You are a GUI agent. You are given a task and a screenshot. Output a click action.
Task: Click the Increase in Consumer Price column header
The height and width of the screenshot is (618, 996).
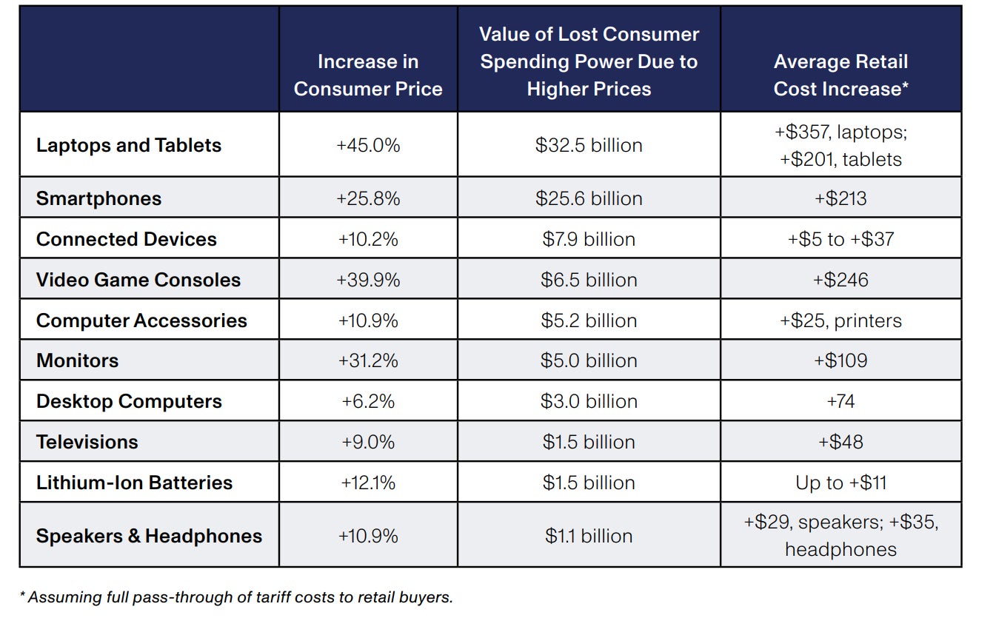(x=368, y=75)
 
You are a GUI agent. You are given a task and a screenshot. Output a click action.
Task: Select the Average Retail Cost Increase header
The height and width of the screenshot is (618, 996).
(x=840, y=75)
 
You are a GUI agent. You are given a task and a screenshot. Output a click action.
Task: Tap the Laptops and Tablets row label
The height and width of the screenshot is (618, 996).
(x=129, y=145)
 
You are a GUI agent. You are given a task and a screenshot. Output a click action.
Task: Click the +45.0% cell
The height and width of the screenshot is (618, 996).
(x=368, y=145)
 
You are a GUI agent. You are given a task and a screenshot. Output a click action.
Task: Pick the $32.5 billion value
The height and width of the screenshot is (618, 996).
(x=589, y=145)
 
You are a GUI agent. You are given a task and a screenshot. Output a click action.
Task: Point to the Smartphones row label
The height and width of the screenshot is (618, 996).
(x=98, y=198)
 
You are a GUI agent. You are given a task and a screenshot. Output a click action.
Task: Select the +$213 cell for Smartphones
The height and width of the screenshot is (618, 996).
(x=840, y=198)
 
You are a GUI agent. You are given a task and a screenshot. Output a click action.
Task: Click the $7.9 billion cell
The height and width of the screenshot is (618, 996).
(x=589, y=239)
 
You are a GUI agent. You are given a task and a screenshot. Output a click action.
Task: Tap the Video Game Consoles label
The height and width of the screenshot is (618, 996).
(x=138, y=280)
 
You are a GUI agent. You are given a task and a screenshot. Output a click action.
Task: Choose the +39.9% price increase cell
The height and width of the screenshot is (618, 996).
(x=368, y=280)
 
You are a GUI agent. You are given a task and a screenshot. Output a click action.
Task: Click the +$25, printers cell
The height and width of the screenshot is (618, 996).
(x=840, y=320)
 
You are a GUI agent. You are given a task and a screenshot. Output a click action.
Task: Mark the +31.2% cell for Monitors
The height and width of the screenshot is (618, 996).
(x=368, y=360)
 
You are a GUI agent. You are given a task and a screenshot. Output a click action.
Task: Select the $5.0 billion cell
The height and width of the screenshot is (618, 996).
(x=589, y=360)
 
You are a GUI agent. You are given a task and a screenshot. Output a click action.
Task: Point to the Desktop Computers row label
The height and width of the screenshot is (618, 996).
(x=129, y=401)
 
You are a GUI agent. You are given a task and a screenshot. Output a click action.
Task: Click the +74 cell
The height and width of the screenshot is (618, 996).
(x=840, y=401)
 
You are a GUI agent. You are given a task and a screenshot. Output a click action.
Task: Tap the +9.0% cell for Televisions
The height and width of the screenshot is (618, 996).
(x=368, y=442)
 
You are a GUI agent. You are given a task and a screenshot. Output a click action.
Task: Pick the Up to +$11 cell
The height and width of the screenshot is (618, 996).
(x=840, y=483)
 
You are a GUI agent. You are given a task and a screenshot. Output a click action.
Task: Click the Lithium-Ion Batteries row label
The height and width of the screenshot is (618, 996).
(x=134, y=483)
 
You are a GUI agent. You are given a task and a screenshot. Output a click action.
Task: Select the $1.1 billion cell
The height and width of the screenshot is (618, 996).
(x=589, y=536)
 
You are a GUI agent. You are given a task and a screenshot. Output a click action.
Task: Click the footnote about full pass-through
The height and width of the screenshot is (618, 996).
(x=236, y=597)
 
